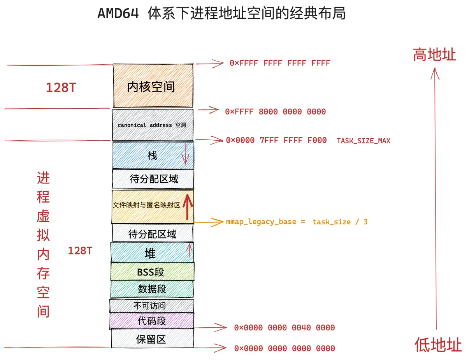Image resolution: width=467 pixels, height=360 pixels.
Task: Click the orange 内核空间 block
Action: pyautogui.click(x=153, y=86)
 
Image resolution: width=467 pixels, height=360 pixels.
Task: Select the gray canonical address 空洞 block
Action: pyautogui.click(x=153, y=125)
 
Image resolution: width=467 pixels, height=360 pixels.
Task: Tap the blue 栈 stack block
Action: pyautogui.click(x=153, y=155)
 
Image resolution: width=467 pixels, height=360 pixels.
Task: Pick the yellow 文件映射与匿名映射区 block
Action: pyautogui.click(x=153, y=206)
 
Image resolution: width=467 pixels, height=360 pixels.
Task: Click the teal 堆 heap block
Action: pyautogui.click(x=152, y=252)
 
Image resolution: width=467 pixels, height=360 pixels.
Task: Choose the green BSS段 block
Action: pyautogui.click(x=153, y=272)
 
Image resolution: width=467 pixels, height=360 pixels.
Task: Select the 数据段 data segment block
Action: pyautogui.click(x=152, y=289)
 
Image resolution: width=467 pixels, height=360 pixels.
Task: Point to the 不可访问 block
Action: pyautogui.click(x=151, y=305)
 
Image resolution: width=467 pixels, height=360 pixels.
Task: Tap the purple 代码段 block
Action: pyautogui.click(x=152, y=321)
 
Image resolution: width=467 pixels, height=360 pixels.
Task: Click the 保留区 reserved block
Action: pyautogui.click(x=153, y=339)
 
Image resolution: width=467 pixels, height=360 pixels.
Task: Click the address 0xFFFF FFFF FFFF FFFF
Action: pyautogui.click(x=280, y=63)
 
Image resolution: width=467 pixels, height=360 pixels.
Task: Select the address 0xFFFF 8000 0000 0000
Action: pyautogui.click(x=275, y=111)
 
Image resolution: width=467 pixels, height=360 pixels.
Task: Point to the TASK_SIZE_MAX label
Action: pyautogui.click(x=363, y=141)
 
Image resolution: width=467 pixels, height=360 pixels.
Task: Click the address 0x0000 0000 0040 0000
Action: pyautogui.click(x=284, y=328)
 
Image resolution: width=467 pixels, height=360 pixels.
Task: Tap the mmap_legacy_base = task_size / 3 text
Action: pyautogui.click(x=297, y=222)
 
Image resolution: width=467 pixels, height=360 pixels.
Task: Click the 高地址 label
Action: pyautogui.click(x=434, y=55)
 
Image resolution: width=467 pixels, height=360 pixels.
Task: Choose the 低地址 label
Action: pyautogui.click(x=438, y=344)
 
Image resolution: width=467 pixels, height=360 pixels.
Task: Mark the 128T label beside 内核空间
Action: pyautogui.click(x=61, y=88)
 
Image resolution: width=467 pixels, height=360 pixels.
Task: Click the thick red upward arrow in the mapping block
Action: pyautogui.click(x=188, y=207)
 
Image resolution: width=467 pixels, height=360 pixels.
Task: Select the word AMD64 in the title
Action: pyautogui.click(x=118, y=13)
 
